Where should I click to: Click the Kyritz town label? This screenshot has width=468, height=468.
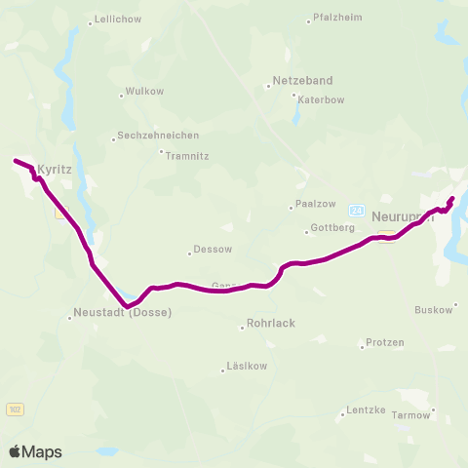point(55,169)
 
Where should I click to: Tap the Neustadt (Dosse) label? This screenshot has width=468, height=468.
point(123,313)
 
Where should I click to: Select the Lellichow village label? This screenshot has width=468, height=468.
point(116,20)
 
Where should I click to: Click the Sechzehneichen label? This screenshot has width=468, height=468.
point(157,136)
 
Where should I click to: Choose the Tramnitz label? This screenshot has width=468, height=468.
point(187,155)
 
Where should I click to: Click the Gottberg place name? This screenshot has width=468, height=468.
point(331,229)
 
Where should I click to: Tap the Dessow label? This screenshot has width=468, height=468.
point(213,249)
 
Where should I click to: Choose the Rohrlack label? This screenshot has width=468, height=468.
point(271,323)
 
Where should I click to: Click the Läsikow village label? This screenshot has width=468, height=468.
point(245,368)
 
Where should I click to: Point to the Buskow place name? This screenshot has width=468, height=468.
point(434,310)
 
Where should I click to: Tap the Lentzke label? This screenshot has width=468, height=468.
point(367,413)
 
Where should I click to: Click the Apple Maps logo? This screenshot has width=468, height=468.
point(35,451)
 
